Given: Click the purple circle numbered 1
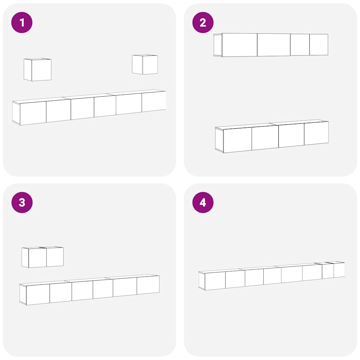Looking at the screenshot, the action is point(22,22).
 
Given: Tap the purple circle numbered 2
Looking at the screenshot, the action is point(203,22).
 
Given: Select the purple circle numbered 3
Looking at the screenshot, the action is point(22,202).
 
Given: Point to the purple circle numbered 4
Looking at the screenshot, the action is point(203,202).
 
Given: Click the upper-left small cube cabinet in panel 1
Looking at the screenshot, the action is point(37,70).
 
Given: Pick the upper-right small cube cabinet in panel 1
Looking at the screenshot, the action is point(145,65).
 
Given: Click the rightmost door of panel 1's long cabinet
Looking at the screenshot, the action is point(154,102).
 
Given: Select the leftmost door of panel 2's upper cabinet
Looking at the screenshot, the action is point(239,45).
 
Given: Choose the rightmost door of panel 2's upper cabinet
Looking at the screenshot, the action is point(319,45).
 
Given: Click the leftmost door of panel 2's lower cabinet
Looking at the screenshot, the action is point(237,140).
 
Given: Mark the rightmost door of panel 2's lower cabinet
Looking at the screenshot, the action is point(316,133).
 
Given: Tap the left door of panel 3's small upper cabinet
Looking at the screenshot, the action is point(37,258).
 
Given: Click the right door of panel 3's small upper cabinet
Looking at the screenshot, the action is point(55,257).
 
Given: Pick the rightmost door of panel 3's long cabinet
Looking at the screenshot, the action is point(148,285).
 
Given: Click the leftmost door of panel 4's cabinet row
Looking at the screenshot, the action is point(215,281).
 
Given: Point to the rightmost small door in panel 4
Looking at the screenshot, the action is point(339,270).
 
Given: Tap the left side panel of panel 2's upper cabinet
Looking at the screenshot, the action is point(218,45).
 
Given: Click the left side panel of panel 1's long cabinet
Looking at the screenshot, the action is point(16,113).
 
